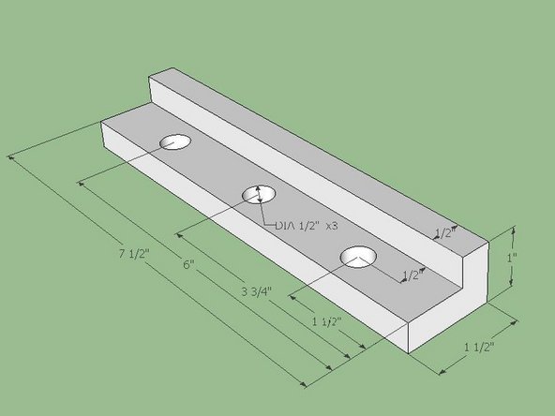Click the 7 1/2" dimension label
[x=135, y=254]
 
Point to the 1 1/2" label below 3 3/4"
[x=325, y=321]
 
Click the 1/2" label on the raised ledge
[x=444, y=231]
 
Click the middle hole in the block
[x=260, y=194]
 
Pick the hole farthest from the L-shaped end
[x=174, y=142]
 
